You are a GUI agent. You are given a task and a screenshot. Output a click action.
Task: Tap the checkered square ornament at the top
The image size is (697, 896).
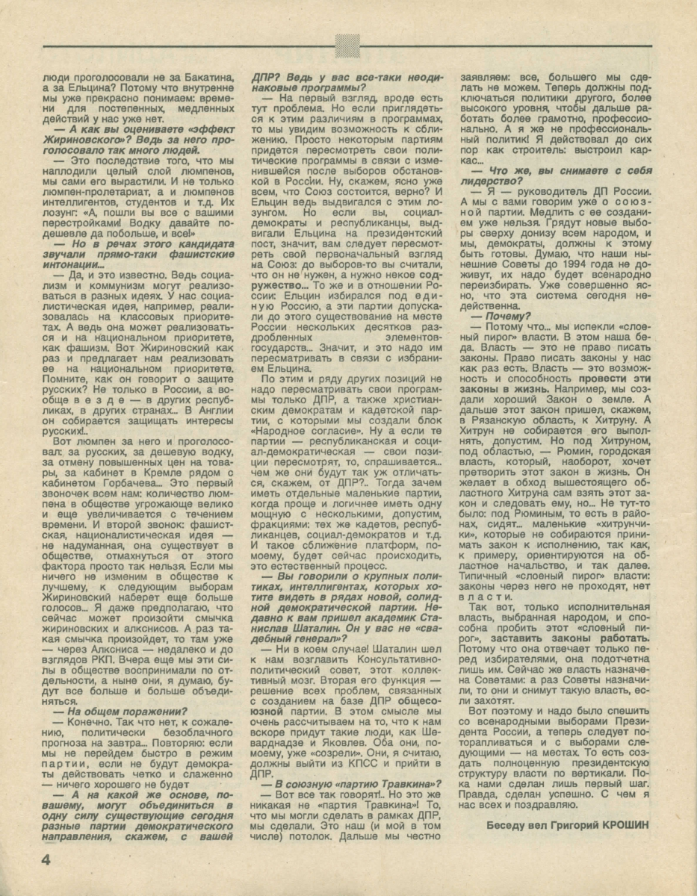point(347,46)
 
